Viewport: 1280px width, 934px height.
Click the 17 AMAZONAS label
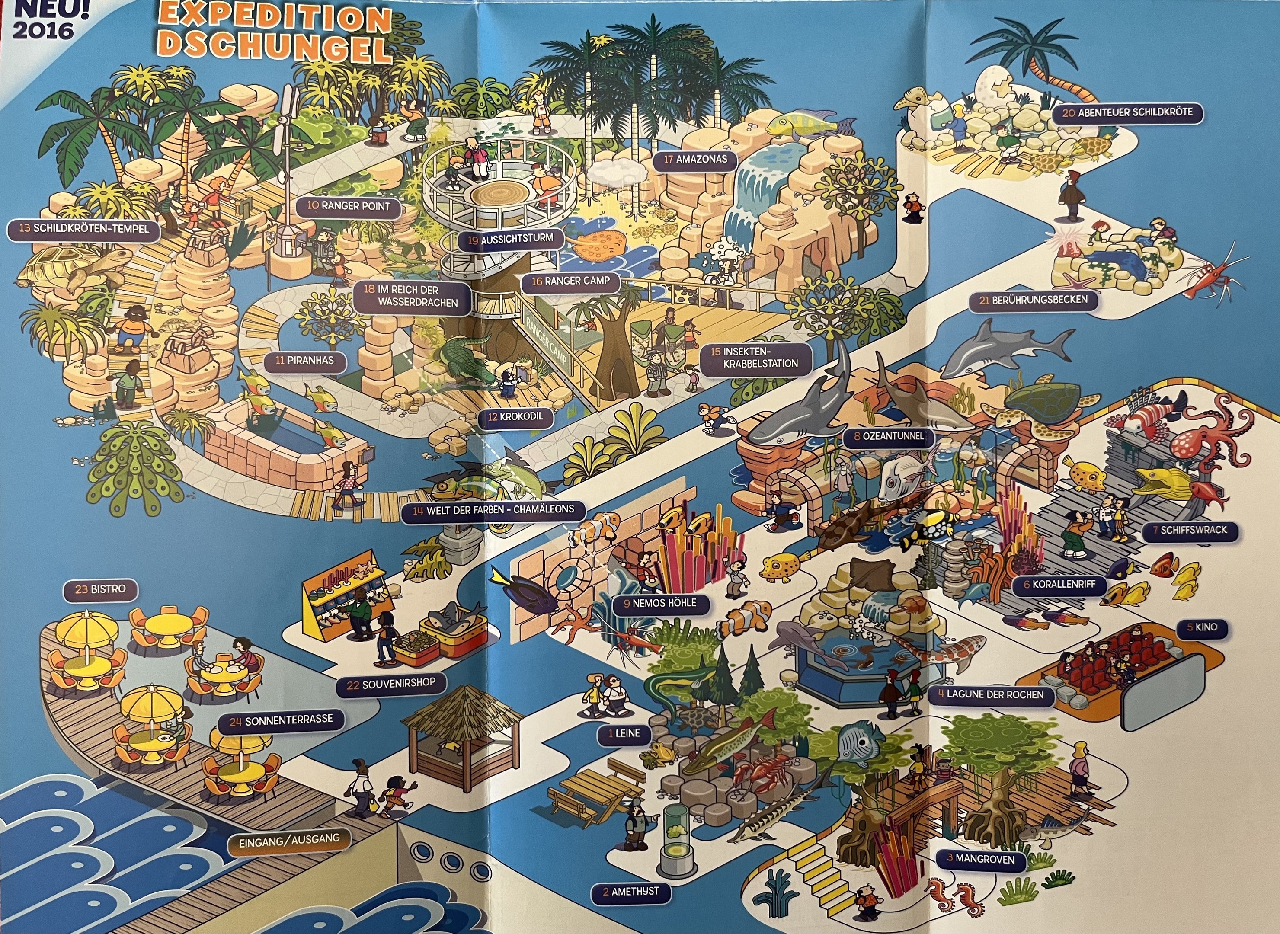point(695,160)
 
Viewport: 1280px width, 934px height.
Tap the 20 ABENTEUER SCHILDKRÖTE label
point(1127,112)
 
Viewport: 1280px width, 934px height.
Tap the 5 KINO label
point(1202,627)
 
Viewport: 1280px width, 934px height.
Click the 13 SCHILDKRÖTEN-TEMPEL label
point(83,229)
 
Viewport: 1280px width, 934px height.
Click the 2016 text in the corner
point(43,29)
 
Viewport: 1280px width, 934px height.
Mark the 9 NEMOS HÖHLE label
point(660,603)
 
